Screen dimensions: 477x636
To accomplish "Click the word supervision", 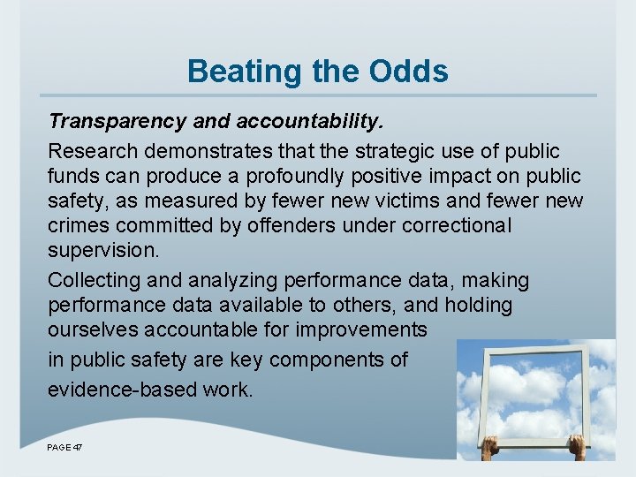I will click(103, 250).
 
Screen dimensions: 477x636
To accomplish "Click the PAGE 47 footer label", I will click(64, 449).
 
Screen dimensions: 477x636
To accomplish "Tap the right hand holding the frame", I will click(577, 445).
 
